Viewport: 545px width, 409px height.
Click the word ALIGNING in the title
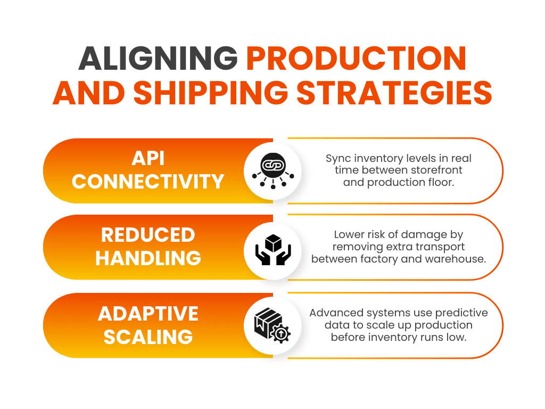pos(158,58)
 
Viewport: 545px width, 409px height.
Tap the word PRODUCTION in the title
pos(356,58)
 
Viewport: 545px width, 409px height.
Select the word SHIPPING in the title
pos(211,93)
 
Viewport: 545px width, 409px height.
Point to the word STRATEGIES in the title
pos(394,93)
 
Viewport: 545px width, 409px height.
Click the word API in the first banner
pos(148,158)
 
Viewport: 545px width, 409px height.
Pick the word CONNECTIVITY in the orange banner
pos(148,182)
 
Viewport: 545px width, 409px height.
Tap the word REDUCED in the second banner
pos(148,235)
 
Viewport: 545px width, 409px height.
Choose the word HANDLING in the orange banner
pos(148,258)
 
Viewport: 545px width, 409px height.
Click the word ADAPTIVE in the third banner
pos(148,313)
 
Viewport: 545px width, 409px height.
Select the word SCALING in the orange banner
pos(148,337)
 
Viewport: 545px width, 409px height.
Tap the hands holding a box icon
pos(273,250)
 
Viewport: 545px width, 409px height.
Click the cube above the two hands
pos(273,243)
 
